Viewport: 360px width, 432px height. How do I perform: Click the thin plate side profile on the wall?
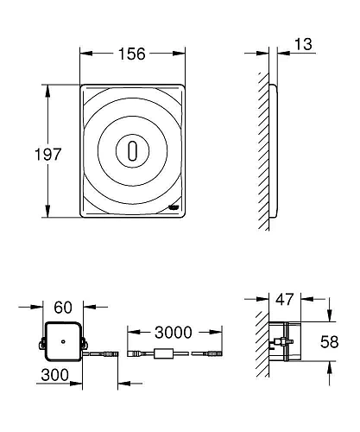[x=275, y=151]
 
